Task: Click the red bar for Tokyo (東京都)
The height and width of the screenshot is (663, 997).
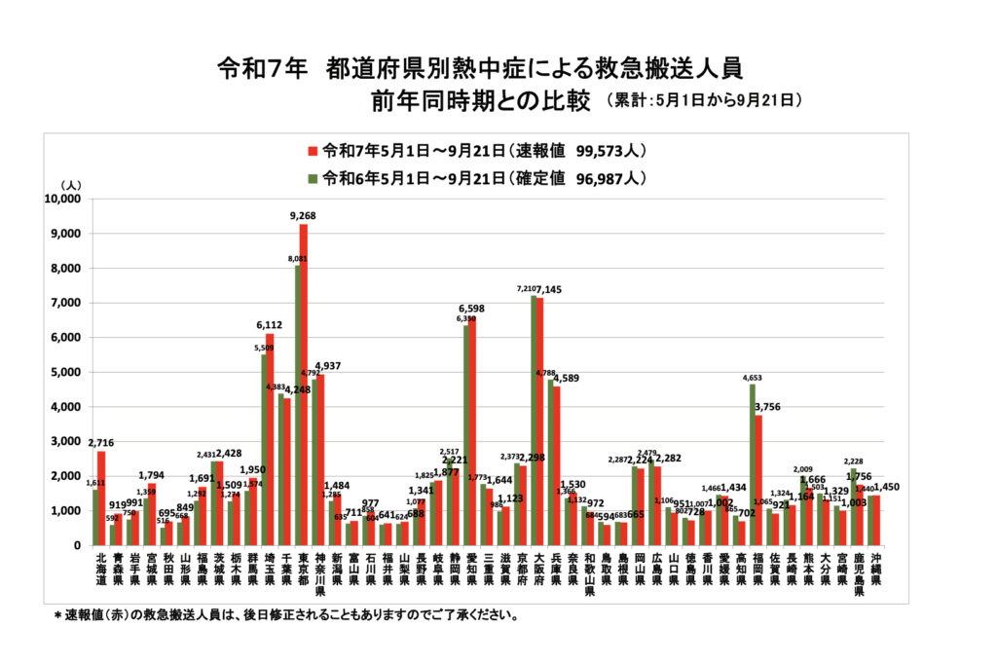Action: [304, 385]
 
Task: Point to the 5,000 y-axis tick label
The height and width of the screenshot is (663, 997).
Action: [66, 372]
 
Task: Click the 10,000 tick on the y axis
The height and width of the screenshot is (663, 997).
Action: [63, 199]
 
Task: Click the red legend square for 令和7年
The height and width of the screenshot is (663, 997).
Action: [313, 151]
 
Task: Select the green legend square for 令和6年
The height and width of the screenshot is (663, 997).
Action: [313, 178]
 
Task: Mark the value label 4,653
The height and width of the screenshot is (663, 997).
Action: [752, 377]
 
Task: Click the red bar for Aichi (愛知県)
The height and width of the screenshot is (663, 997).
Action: [472, 430]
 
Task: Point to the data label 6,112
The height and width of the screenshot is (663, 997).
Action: [271, 325]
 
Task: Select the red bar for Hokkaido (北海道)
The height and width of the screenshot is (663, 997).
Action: [101, 497]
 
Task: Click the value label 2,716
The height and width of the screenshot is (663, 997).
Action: [102, 443]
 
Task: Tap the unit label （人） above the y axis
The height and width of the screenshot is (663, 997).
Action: [72, 184]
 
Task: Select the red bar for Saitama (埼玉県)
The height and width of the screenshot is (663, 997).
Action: [270, 439]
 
